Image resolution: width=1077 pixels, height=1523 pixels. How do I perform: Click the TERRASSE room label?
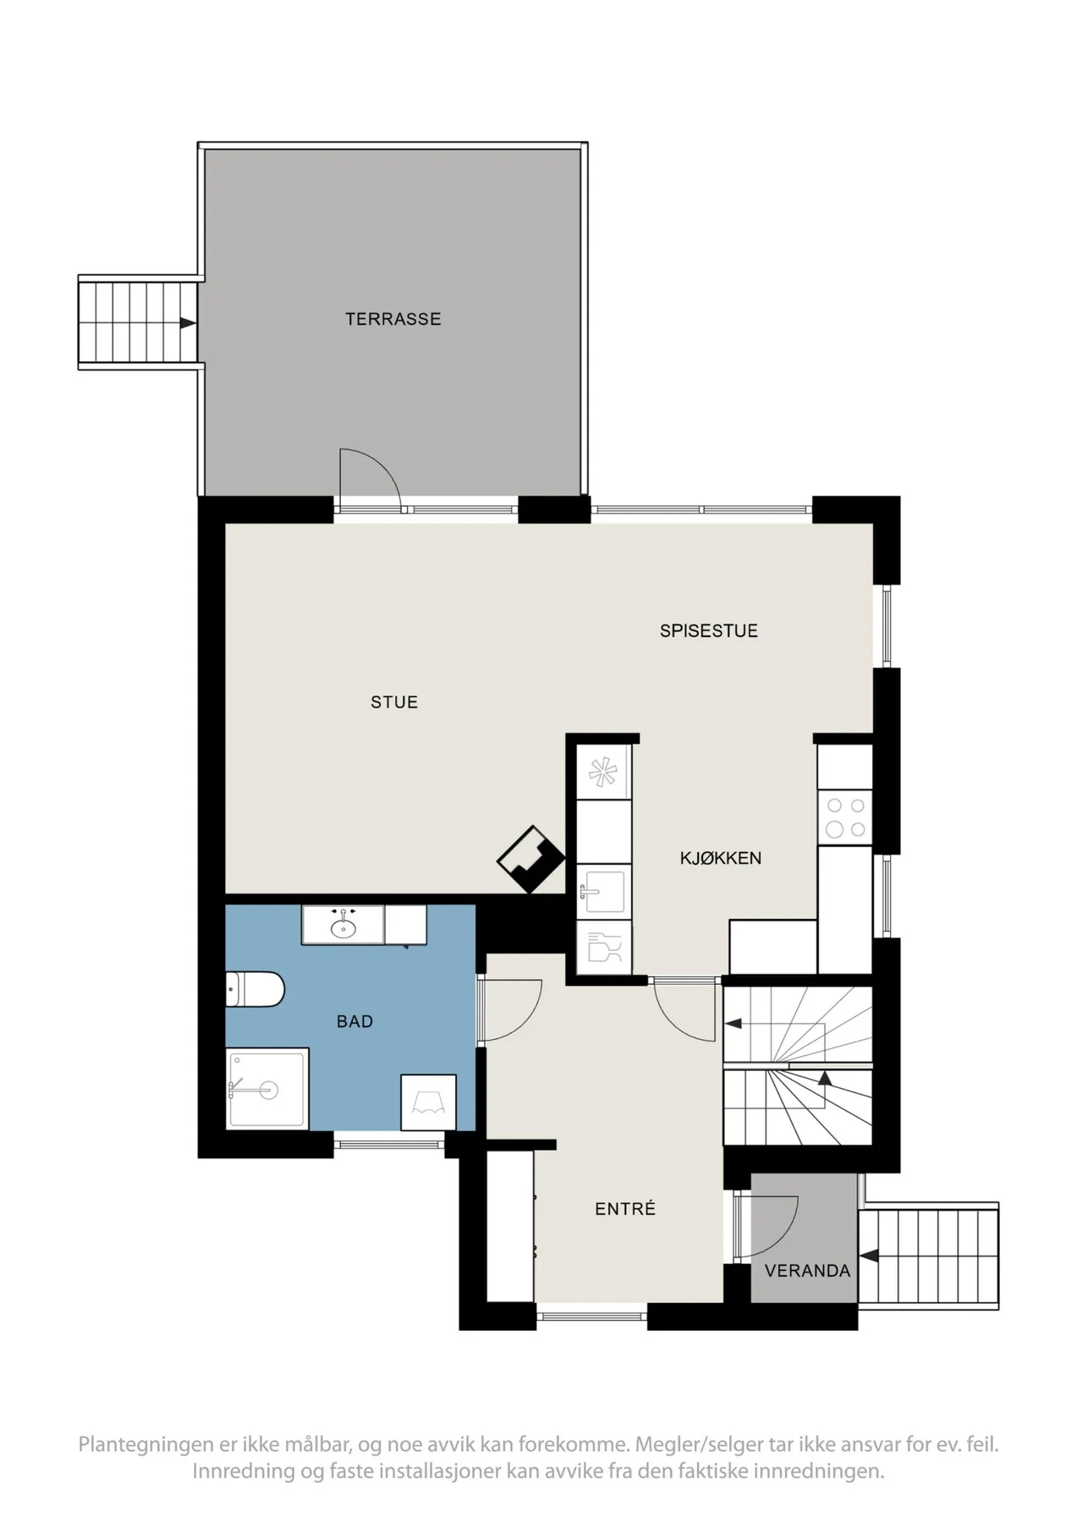tap(393, 319)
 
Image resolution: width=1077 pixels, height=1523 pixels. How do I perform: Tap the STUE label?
tap(394, 701)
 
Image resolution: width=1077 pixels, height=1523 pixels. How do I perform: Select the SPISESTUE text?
tap(709, 630)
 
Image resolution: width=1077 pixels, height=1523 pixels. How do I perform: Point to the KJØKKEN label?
tap(721, 858)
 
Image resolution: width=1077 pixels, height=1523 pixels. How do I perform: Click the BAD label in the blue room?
tap(354, 1021)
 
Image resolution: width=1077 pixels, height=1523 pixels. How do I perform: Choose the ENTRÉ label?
tap(625, 1209)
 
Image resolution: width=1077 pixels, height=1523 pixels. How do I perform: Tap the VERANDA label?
tap(807, 1271)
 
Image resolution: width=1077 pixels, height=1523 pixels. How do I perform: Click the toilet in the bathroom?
tap(256, 989)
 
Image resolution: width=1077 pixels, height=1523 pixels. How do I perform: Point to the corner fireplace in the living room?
tap(530, 859)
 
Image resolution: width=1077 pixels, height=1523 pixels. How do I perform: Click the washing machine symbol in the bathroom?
tap(428, 1102)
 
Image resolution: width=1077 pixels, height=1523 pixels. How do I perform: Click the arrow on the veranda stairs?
tap(867, 1256)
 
